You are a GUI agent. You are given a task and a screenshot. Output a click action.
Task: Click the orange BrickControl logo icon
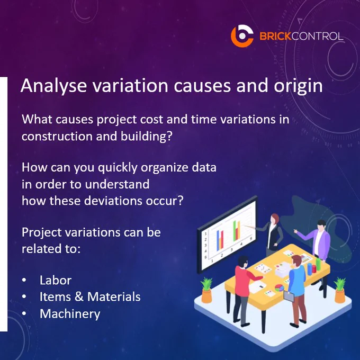coord(242,36)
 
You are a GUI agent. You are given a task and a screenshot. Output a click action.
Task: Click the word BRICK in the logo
coord(275,36)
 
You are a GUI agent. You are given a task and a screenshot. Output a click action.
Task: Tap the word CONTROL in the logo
coord(317,36)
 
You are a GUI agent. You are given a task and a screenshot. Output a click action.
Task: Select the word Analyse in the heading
coord(53,86)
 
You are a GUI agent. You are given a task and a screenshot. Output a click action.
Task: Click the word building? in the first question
coord(146,136)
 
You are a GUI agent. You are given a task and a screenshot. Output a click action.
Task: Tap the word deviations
coord(113,201)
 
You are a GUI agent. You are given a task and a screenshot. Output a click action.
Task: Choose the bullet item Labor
coord(56,280)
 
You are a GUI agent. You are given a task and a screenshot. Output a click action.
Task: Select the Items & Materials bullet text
coord(90,296)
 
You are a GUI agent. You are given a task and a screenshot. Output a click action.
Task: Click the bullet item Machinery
coord(70,314)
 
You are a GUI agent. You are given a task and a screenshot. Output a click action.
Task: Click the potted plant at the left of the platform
coord(206,290)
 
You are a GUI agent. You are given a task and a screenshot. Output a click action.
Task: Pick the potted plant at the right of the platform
coord(340,290)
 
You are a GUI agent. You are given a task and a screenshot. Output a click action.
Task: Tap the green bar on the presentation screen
coord(235,231)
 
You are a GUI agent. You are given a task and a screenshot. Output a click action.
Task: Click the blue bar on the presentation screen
coord(218,240)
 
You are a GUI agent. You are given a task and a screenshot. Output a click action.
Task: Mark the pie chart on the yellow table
coord(280,287)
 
